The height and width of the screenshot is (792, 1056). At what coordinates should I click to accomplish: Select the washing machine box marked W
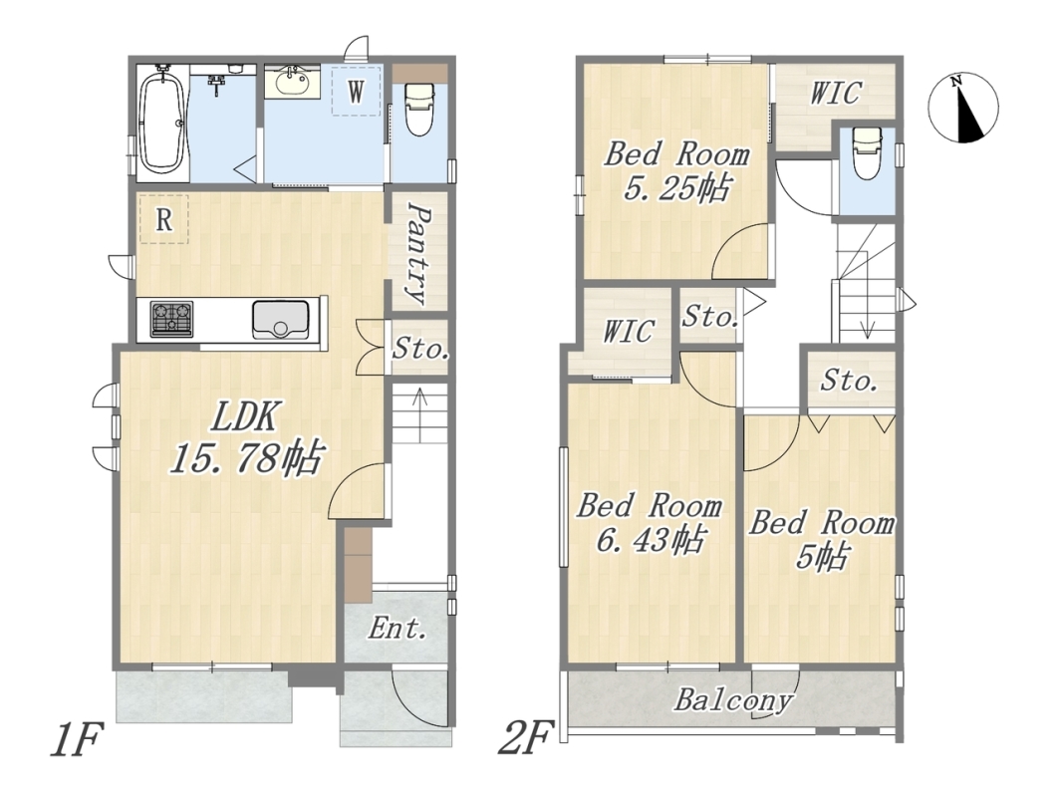click(356, 90)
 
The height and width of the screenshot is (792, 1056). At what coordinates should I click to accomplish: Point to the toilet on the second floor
click(866, 152)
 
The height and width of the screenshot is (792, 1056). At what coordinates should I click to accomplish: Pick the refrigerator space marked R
click(163, 218)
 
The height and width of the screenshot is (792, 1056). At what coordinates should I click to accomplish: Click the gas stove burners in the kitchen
click(171, 319)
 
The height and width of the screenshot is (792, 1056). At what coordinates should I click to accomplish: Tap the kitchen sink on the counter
click(282, 319)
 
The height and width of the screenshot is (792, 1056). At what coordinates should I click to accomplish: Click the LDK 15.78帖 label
click(245, 438)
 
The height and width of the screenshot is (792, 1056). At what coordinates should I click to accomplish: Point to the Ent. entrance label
click(397, 629)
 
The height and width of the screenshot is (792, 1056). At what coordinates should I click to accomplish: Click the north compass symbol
click(963, 108)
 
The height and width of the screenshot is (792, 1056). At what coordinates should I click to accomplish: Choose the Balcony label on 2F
click(733, 700)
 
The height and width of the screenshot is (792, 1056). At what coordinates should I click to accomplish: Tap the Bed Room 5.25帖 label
click(676, 170)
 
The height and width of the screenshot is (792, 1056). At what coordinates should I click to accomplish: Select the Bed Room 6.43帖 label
click(649, 523)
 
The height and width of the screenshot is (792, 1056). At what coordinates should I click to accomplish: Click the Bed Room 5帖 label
click(822, 539)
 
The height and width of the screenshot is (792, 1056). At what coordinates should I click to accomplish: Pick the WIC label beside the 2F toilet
click(835, 94)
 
